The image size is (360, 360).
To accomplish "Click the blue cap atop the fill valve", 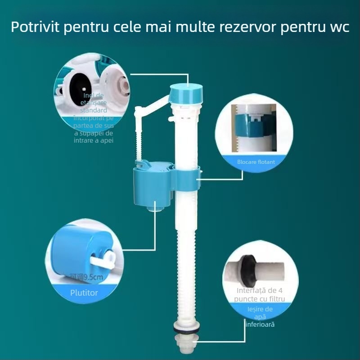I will pos(186,93).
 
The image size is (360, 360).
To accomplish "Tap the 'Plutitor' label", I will pos(84,292).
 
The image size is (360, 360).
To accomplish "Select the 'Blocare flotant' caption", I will pos(256,161).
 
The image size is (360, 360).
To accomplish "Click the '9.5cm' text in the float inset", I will pos(93,277).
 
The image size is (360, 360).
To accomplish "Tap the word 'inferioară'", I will pos(260,324).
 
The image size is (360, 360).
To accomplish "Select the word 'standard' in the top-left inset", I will pos(94,110).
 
